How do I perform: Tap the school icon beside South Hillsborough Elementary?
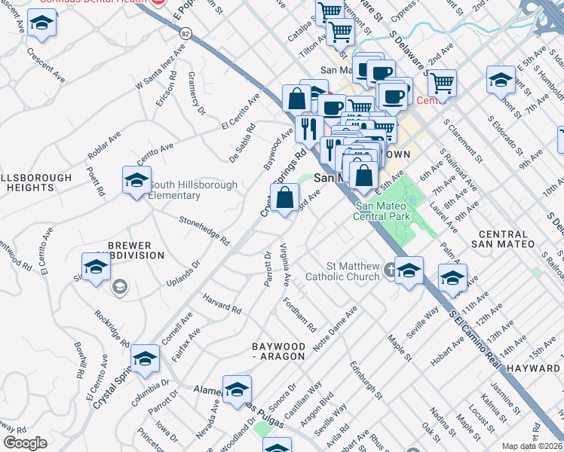tap(136, 181)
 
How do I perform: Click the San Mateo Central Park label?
tap(383, 211)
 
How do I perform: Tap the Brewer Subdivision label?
tap(130, 250)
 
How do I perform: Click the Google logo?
tap(25, 443)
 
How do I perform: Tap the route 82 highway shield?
tap(185, 32)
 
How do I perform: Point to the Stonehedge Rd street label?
tap(204, 231)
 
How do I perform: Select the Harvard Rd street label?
tap(222, 304)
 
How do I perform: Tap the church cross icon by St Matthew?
tap(389, 268)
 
